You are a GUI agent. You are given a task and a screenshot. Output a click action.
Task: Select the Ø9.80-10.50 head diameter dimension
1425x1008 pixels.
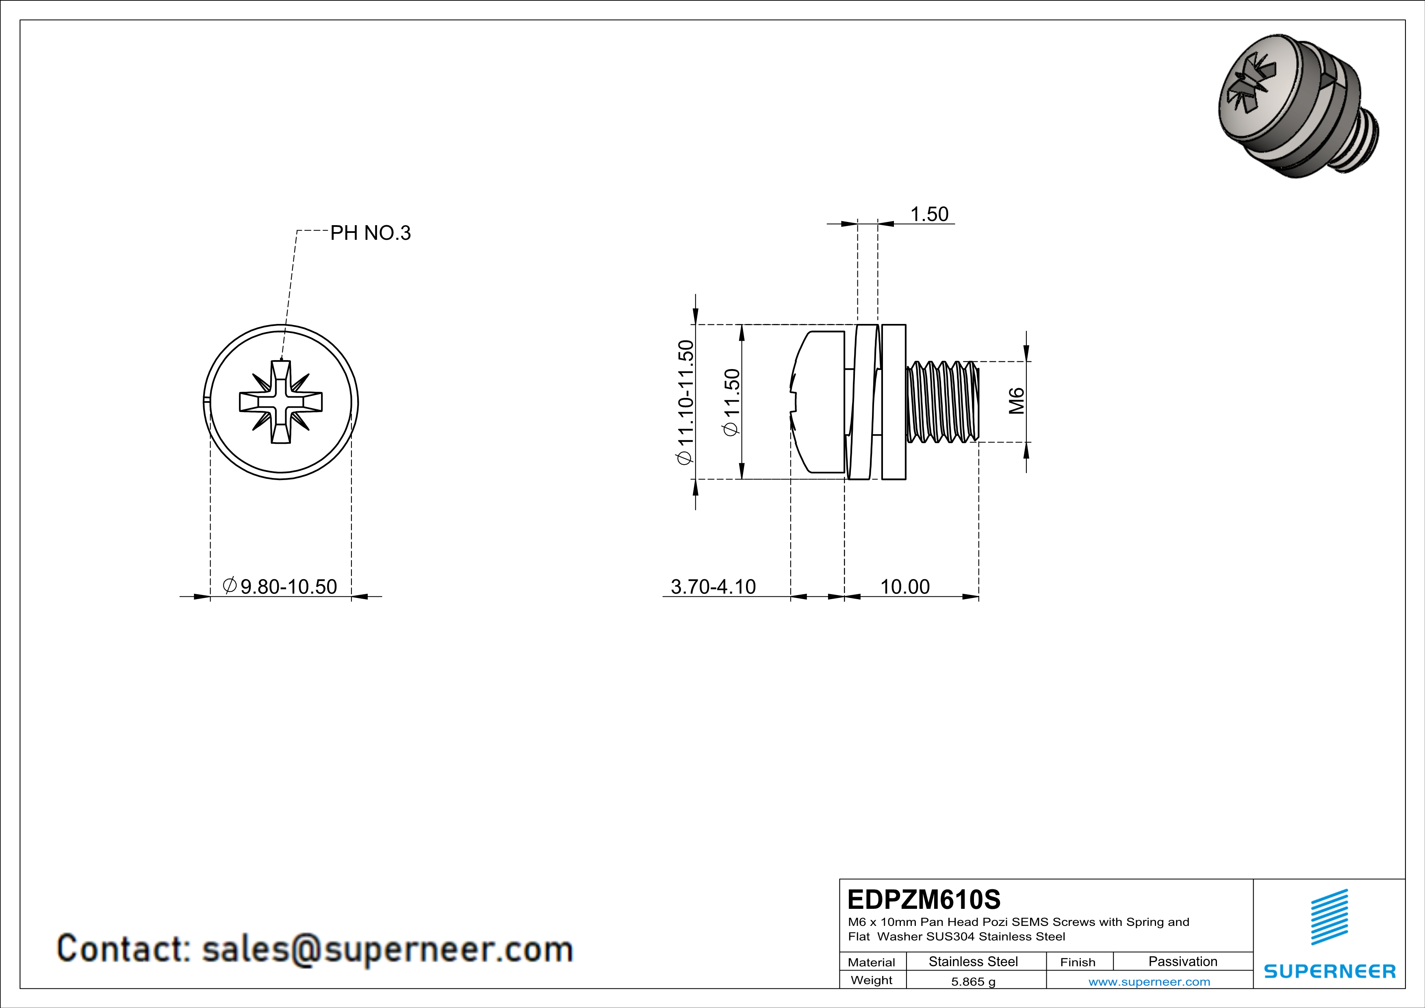280,586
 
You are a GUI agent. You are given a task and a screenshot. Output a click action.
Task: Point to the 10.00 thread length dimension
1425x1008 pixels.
905,587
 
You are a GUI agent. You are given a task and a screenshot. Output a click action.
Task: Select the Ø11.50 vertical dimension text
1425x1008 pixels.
732,402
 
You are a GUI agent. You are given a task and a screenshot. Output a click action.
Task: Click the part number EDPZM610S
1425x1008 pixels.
924,899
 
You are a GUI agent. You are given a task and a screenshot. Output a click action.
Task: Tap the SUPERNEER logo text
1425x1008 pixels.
1330,971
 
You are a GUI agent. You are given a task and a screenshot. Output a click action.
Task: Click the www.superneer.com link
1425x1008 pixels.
1149,982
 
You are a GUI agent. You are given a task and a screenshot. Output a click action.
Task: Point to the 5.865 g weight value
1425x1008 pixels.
973,982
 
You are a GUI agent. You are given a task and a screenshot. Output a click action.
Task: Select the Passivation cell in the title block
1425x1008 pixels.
1182,961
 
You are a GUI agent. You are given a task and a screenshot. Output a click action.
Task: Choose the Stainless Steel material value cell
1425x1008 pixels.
973,961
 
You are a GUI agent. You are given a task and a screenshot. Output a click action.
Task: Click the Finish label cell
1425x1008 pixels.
1078,962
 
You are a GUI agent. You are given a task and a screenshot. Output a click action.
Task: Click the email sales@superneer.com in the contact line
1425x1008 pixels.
387,949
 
